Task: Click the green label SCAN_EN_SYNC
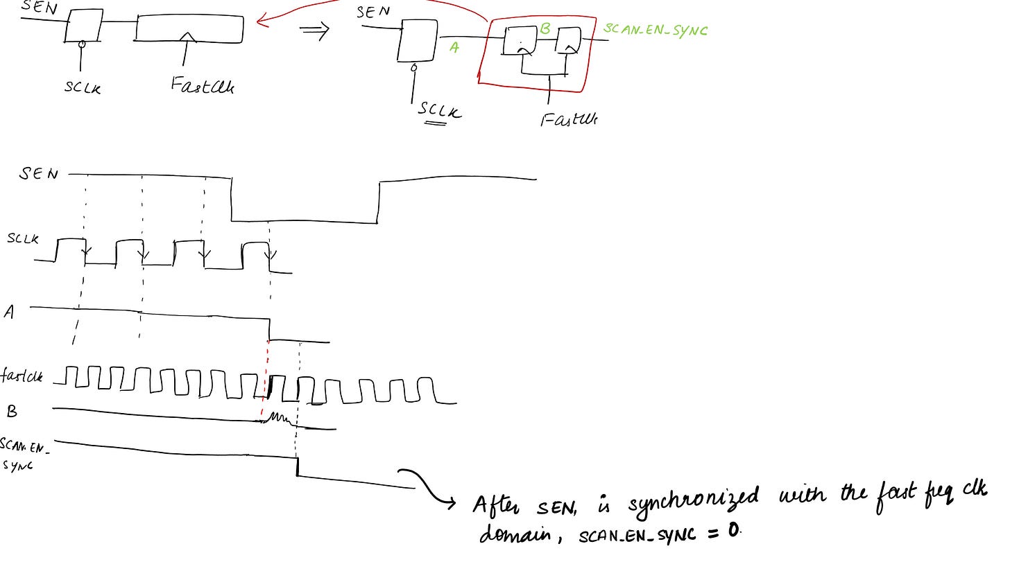(x=655, y=29)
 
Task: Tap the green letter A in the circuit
(x=454, y=47)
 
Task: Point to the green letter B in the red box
(x=545, y=28)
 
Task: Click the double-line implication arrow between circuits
(x=313, y=32)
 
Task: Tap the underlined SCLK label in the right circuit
(x=439, y=111)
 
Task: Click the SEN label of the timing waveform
(x=39, y=173)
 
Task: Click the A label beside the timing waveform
(x=9, y=313)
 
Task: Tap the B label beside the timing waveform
(x=12, y=412)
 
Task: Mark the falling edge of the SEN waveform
(x=231, y=200)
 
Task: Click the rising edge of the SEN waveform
(x=379, y=202)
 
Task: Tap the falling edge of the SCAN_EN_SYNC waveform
(x=297, y=466)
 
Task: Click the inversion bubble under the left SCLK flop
(x=81, y=44)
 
